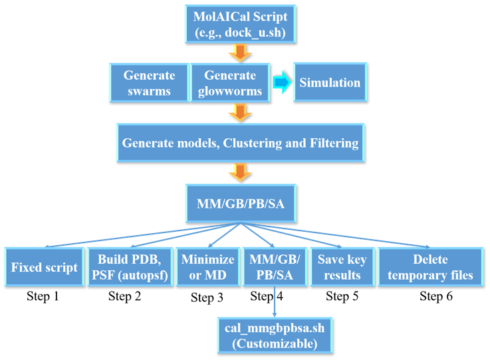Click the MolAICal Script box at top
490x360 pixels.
[240, 24]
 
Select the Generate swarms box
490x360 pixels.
[149, 83]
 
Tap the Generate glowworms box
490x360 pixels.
[230, 83]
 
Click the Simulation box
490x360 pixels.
[330, 83]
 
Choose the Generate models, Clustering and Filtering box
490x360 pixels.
[240, 143]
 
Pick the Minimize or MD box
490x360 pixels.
[207, 267]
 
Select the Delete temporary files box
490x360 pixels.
[430, 267]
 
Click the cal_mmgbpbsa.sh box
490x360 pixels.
[275, 335]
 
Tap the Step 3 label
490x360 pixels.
[207, 298]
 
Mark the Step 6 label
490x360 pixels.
[435, 296]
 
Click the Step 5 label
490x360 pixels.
[342, 296]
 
